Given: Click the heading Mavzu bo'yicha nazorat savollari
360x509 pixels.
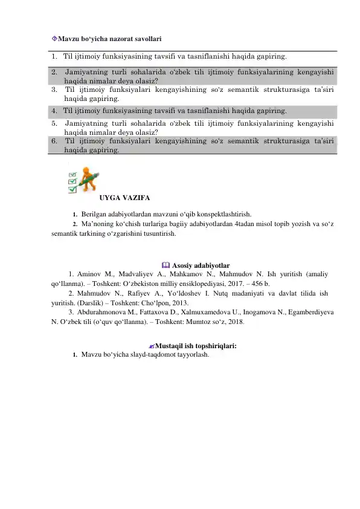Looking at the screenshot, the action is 109,38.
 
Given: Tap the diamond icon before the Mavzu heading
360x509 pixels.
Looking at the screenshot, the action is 54,38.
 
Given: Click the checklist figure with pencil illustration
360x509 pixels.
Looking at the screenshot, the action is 83,180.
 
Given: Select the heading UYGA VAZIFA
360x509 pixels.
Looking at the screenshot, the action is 125,198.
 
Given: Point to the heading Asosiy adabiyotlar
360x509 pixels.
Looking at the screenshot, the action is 199,265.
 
